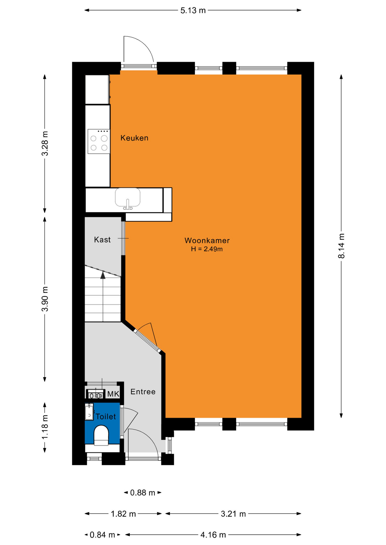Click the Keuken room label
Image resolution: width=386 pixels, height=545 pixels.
[134, 138]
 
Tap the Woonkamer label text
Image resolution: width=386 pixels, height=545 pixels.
[207, 240]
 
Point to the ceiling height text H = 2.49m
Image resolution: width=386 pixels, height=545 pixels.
[207, 249]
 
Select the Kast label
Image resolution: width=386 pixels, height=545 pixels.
[102, 240]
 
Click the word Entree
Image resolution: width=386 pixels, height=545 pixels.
[143, 392]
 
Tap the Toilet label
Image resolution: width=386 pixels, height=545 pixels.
[105, 416]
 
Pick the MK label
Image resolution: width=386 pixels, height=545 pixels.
[113, 394]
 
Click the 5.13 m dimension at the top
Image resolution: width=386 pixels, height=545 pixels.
[193, 11]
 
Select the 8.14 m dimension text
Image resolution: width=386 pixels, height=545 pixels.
[341, 246]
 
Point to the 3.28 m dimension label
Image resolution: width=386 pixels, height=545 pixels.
[45, 143]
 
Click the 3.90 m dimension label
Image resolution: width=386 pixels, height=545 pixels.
[45, 299]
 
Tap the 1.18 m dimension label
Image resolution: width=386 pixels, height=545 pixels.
[45, 427]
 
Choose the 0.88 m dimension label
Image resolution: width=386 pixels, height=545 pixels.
[143, 492]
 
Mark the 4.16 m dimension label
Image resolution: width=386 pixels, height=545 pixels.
[213, 535]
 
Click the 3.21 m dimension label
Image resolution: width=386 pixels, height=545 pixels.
[233, 513]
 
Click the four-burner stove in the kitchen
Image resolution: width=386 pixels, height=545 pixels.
[99, 141]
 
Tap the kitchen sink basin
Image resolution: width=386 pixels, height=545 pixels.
[128, 198]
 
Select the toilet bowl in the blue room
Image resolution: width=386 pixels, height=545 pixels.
[101, 435]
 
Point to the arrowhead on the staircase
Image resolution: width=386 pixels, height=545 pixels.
[103, 275]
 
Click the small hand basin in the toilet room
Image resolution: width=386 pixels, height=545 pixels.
[89, 412]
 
